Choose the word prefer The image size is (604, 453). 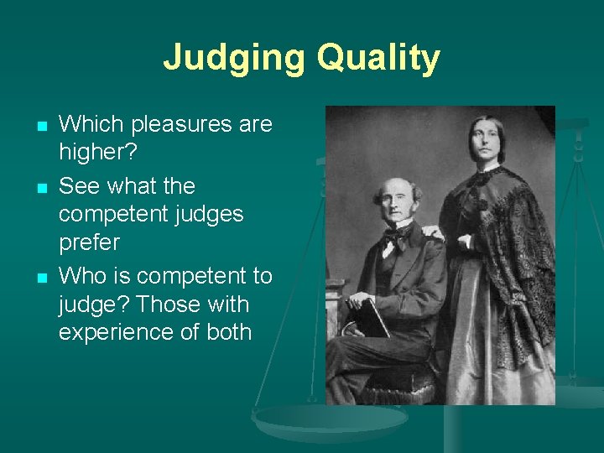click(89, 242)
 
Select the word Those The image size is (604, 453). click(179, 304)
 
